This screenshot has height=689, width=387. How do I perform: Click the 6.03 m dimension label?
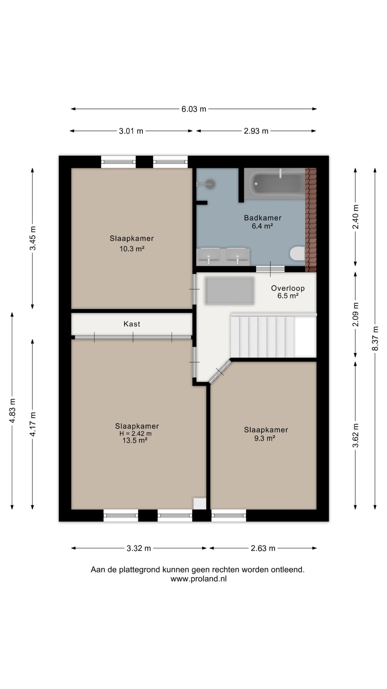point(194,109)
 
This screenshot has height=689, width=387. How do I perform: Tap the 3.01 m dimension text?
point(131,131)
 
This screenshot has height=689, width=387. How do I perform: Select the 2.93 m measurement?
point(256,131)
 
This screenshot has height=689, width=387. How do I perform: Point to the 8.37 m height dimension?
point(375,338)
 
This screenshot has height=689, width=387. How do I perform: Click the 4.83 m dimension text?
point(12,410)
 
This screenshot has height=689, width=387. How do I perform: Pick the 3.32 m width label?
point(139,548)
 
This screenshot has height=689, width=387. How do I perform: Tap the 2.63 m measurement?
point(263,548)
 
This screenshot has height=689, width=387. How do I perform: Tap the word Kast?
point(132,324)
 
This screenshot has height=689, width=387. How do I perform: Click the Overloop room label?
point(288,288)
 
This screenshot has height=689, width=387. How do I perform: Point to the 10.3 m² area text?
point(132,249)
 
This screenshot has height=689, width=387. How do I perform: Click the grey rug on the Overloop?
point(230,291)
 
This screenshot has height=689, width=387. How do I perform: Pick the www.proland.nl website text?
point(199,579)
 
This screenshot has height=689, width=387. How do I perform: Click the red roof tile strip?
point(311,220)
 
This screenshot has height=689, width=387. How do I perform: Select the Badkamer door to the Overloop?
point(270,269)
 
